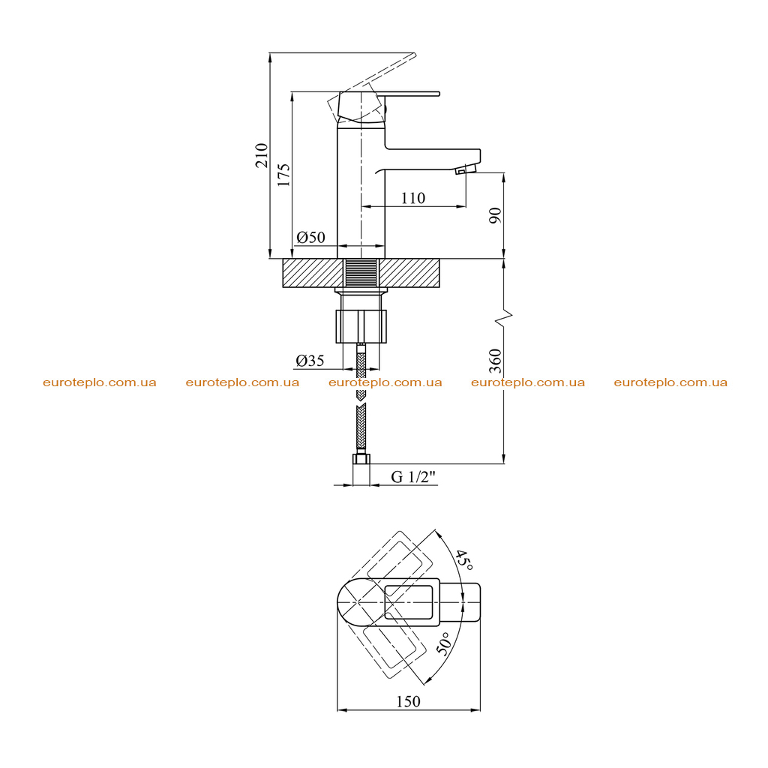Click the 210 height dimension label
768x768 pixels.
tap(262, 155)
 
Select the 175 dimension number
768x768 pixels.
tap(283, 175)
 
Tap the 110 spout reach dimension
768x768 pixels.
tap(413, 198)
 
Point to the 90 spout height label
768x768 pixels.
tap(496, 215)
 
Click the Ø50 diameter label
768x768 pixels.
tap(310, 237)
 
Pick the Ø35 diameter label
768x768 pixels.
tap(310, 361)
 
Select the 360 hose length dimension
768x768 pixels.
tap(496, 361)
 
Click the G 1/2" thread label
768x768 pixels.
tap(413, 476)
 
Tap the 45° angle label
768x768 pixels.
tap(463, 559)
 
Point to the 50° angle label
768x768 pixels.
tap(442, 643)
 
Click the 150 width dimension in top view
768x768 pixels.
tap(408, 701)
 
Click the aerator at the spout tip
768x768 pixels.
tap(465, 169)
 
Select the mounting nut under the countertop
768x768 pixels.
tap(361, 326)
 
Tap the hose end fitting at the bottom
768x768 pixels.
tap(361, 459)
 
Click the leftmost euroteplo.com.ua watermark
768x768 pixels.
tap(100, 382)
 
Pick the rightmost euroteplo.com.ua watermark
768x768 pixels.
tap(670, 382)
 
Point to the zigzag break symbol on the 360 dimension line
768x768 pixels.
tap(504, 317)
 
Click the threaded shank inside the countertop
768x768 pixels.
tap(361, 273)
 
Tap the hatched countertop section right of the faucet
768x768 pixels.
tap(409, 273)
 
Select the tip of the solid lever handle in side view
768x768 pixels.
tap(439, 93)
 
